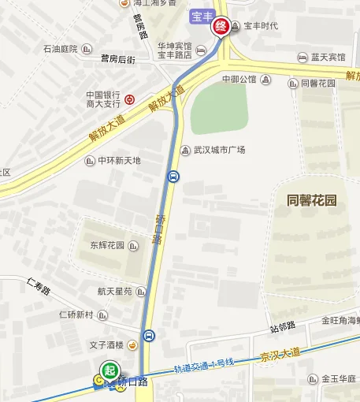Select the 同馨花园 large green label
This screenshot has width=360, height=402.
coord(312,200)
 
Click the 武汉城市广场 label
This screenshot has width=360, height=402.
coord(219,150)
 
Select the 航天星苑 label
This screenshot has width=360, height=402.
coord(115,291)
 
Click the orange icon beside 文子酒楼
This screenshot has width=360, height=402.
coord(133,344)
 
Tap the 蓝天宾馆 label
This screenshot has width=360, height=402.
coord(327,58)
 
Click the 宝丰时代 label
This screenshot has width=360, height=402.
coord(262,26)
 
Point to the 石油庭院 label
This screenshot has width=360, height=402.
coord(61,49)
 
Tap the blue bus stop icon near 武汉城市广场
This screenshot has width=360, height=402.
coord(173,177)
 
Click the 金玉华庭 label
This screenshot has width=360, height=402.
coord(339,378)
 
